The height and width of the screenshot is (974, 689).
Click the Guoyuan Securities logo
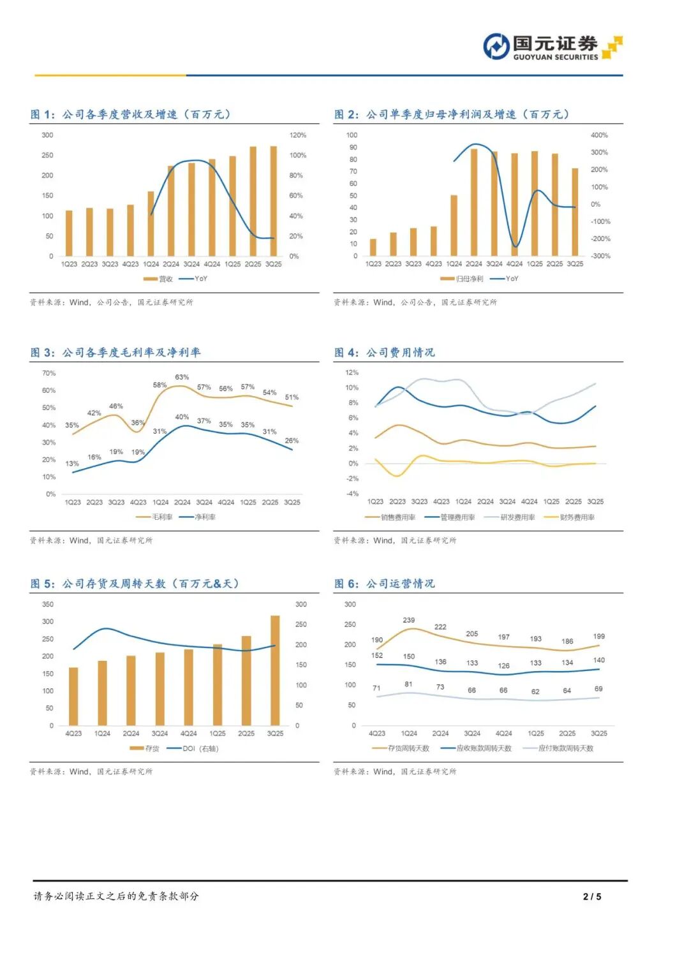tap(552, 47)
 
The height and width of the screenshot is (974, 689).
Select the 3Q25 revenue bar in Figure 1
tap(273, 201)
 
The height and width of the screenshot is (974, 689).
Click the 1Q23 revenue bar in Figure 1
tap(69, 233)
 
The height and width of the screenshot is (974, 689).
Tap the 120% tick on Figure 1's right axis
tap(297, 135)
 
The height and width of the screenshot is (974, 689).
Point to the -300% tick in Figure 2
tap(600, 256)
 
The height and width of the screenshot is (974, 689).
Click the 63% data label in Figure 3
tap(182, 377)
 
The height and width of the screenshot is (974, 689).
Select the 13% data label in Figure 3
tap(72, 464)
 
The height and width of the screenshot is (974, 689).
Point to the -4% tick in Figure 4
tap(353, 494)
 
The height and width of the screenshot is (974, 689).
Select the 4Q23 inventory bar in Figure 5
tap(73, 696)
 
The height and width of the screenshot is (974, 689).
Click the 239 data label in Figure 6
tap(409, 620)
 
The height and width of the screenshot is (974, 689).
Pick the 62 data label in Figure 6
tap(535, 691)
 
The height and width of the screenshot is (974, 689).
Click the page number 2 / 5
tap(592, 896)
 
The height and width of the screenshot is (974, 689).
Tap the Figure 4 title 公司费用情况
tap(400, 352)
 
